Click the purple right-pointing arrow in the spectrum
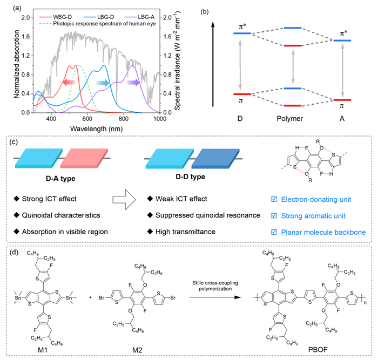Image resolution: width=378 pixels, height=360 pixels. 134,83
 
